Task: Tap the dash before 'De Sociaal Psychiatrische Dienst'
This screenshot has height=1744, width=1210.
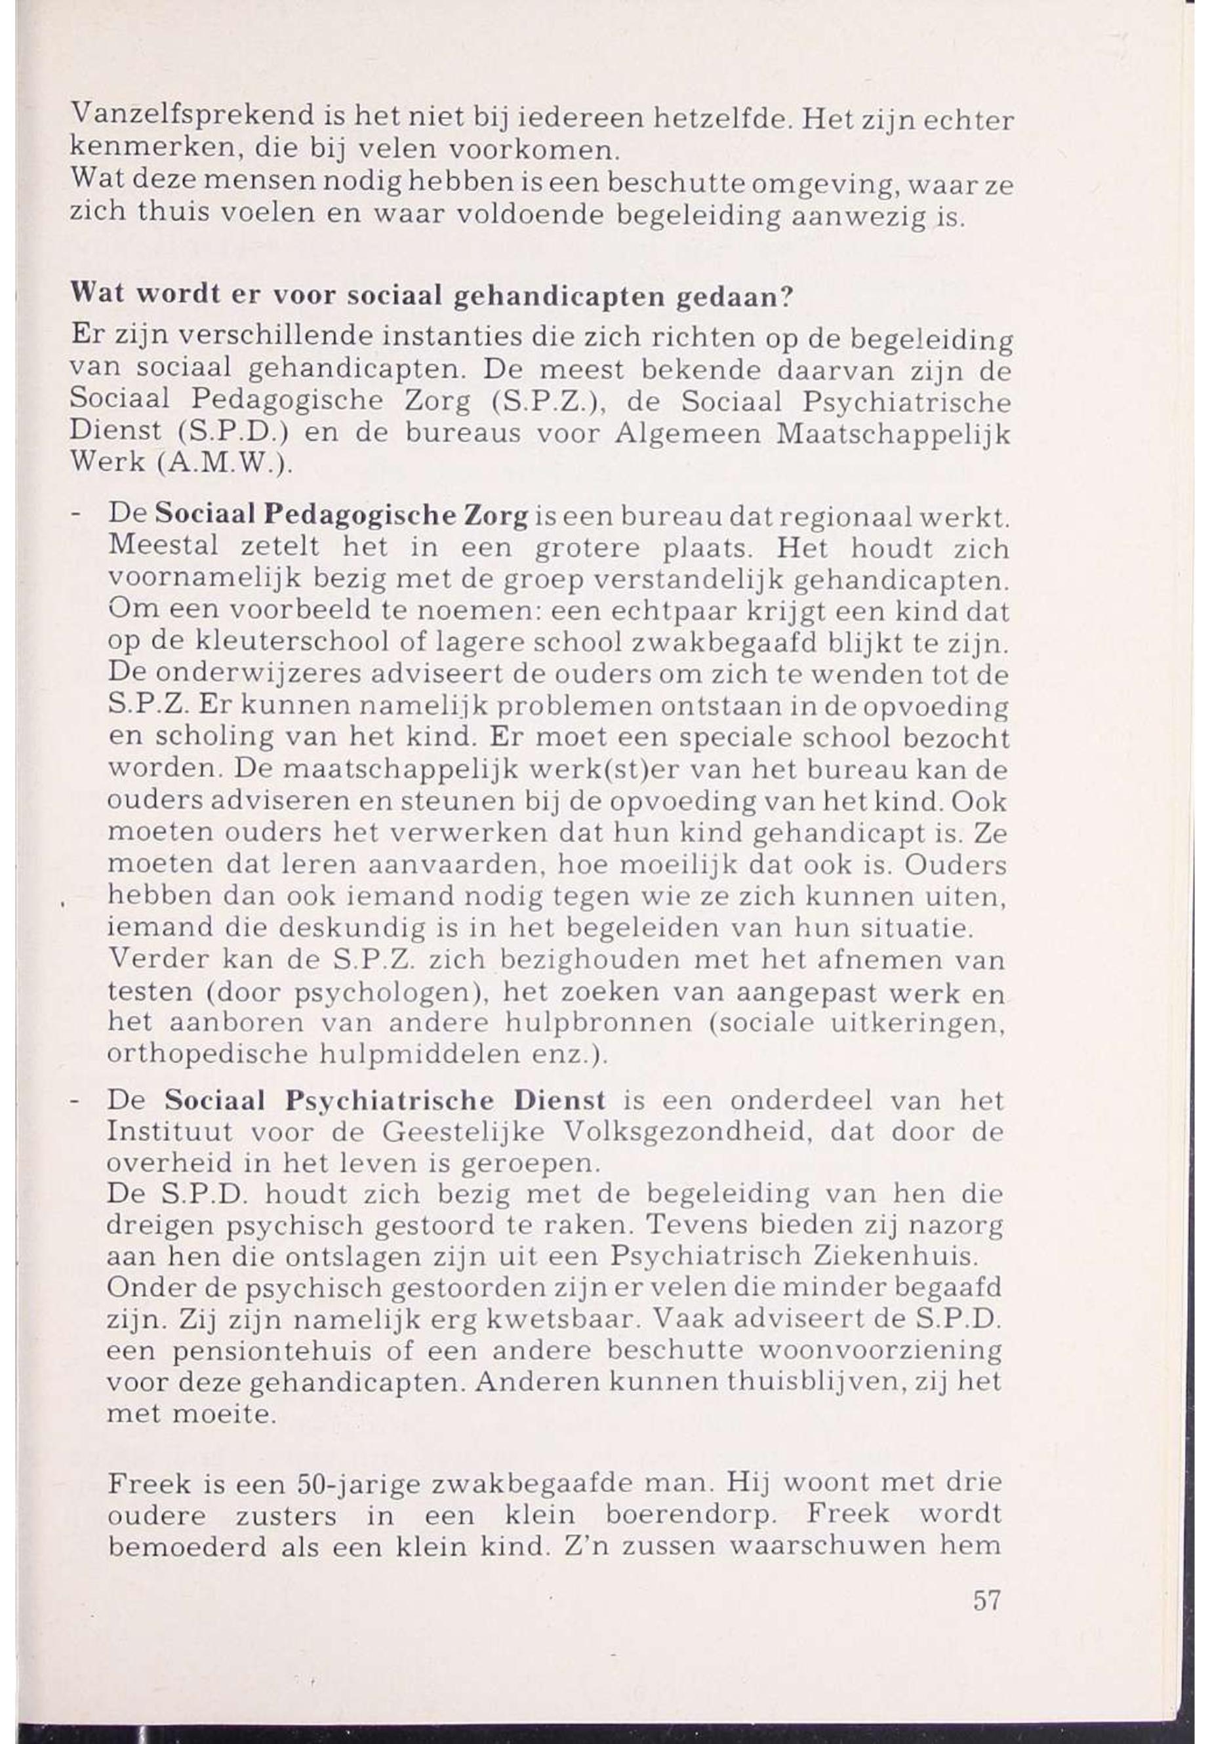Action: (x=77, y=1101)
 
